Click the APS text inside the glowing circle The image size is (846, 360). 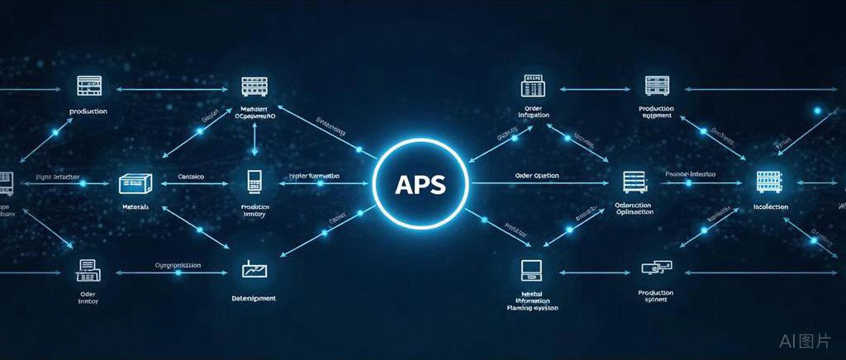(421, 183)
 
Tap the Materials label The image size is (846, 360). (135, 206)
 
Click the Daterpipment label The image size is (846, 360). (254, 298)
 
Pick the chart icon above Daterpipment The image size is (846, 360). (253, 268)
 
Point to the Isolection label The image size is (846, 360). (770, 206)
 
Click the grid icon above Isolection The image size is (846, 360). (769, 182)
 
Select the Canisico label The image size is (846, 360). (191, 177)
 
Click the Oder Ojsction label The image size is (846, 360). (536, 176)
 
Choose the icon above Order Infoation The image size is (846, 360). (532, 87)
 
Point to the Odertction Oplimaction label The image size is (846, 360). (634, 208)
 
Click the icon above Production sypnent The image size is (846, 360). (656, 268)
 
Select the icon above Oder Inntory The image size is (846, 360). (88, 268)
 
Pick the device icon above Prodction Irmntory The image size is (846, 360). (254, 182)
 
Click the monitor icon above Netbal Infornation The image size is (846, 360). (531, 269)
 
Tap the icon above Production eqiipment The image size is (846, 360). (656, 85)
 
